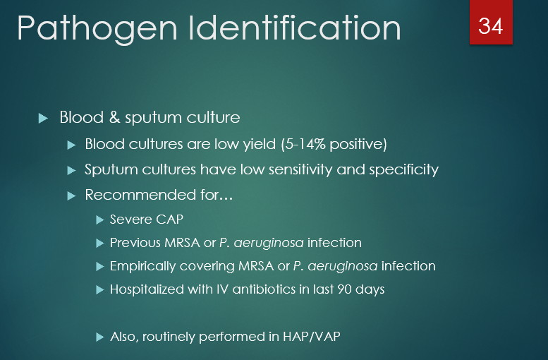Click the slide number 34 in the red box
[x=491, y=25]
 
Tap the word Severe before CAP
[x=130, y=220]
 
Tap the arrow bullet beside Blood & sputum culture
[x=44, y=118]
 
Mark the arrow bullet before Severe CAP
[x=99, y=220]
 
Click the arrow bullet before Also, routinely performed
[x=99, y=337]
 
